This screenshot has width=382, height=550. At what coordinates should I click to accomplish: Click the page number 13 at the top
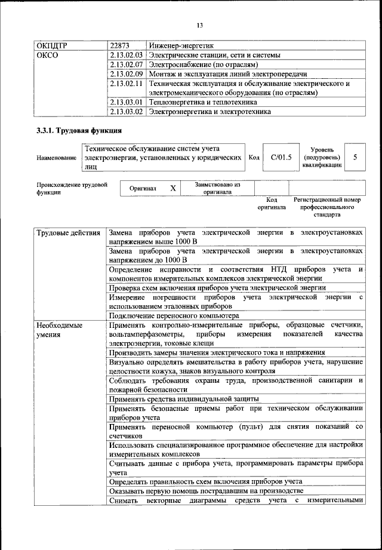[200, 24]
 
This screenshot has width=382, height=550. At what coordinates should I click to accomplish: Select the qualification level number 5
[356, 157]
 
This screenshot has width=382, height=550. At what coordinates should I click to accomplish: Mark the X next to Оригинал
[173, 188]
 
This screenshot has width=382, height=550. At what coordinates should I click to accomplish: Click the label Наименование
[57, 158]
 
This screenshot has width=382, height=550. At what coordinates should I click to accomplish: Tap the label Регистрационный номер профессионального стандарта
[328, 206]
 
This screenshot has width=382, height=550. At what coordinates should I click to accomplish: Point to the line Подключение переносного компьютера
[174, 315]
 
